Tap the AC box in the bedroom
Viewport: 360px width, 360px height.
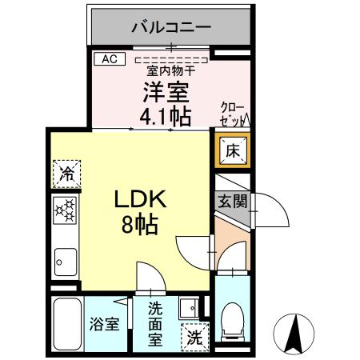(x=109, y=58)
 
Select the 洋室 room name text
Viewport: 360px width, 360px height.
(x=166, y=91)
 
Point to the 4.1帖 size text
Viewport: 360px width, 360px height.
(x=166, y=117)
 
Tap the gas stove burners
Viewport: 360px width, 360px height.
(x=66, y=212)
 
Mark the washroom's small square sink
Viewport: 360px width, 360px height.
(x=189, y=308)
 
